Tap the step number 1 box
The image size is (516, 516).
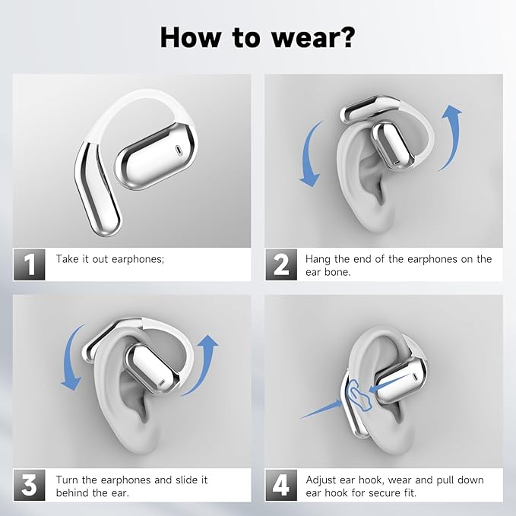(x=30, y=265)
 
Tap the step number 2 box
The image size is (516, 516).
(x=281, y=265)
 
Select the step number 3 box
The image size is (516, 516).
(x=30, y=486)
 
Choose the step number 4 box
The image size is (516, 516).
(x=281, y=486)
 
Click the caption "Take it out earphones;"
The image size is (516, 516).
(x=109, y=259)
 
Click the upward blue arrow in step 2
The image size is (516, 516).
(x=451, y=141)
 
